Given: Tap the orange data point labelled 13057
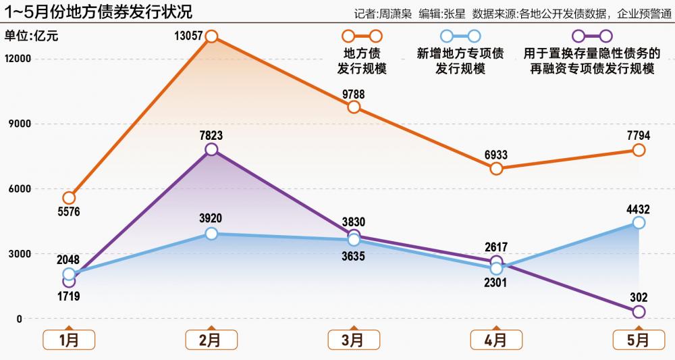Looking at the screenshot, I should (211, 36).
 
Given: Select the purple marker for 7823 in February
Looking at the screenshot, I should (211, 149).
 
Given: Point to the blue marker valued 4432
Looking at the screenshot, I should (639, 223).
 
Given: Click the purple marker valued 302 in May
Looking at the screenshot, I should (639, 311).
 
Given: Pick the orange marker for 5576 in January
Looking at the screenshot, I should (69, 198).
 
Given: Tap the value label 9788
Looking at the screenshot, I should (354, 95).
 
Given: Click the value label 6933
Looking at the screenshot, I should (496, 156).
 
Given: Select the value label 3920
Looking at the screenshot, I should (211, 219).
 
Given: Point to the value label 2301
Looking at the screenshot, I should (496, 283).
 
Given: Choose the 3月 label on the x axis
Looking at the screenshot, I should (354, 340).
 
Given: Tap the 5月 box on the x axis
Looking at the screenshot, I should (639, 340).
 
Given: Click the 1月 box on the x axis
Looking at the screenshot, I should (69, 340).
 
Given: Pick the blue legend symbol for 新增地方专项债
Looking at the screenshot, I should (460, 36).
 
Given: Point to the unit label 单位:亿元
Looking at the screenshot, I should (32, 36).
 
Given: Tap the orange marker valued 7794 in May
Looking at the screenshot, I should (639, 150).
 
